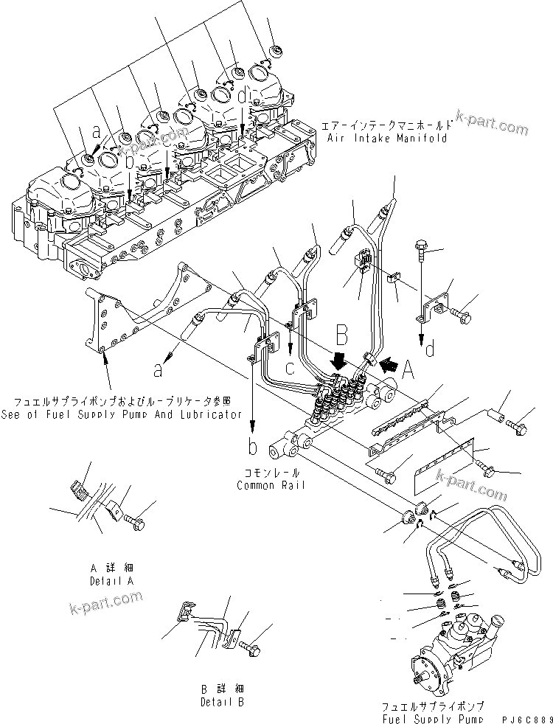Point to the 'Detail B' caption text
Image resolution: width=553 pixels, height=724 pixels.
tap(221, 701)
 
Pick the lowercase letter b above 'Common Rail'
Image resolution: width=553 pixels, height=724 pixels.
tap(253, 448)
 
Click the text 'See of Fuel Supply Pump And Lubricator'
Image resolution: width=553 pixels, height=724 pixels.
tap(122, 414)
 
